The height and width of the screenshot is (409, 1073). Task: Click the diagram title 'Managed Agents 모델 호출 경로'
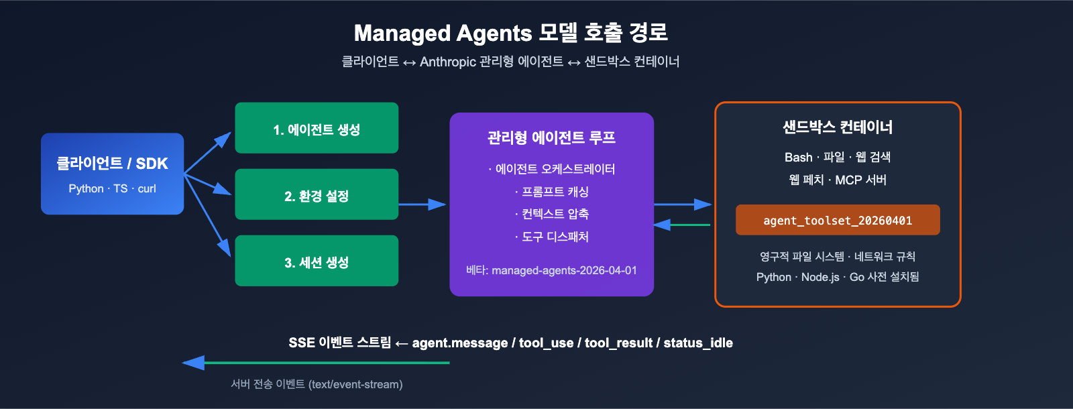point(510,33)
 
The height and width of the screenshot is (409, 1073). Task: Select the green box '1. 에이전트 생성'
point(317,128)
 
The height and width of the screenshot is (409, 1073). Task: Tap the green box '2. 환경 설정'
point(317,195)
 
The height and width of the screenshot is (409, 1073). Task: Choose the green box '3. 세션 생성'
point(317,261)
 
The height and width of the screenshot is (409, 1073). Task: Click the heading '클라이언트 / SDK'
point(112,164)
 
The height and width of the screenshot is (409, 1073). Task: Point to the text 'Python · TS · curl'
point(112,189)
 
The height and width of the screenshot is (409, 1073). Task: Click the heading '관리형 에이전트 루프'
point(551,138)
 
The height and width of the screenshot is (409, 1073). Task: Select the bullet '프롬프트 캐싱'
point(555,192)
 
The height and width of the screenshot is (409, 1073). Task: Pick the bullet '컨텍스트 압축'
point(555,214)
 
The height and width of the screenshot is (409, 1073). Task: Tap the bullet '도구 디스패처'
point(555,237)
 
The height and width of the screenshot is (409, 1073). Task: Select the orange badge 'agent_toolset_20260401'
point(838,221)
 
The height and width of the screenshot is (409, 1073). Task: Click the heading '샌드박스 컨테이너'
point(838,127)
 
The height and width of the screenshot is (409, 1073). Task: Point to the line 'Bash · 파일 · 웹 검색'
point(838,157)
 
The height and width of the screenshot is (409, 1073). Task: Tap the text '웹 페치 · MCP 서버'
point(838,180)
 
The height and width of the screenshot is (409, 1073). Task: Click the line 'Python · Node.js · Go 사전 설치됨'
point(838,277)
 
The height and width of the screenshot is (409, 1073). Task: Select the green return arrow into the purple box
point(683,225)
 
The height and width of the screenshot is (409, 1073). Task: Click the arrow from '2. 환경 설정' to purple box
point(422,204)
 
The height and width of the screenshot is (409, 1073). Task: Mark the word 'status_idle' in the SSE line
point(698,343)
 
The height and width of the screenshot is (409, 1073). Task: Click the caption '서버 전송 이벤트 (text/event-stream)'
point(317,384)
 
